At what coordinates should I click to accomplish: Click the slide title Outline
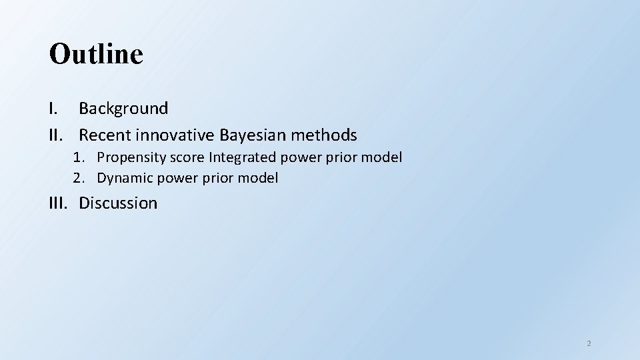[x=96, y=54]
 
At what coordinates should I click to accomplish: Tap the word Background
[x=123, y=108]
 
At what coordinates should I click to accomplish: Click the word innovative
[x=174, y=135]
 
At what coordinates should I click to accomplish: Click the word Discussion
[x=118, y=203]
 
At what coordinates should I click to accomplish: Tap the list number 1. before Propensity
[x=80, y=157]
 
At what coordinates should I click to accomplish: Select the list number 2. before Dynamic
[x=80, y=178]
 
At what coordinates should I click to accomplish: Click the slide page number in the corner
[x=589, y=343]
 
